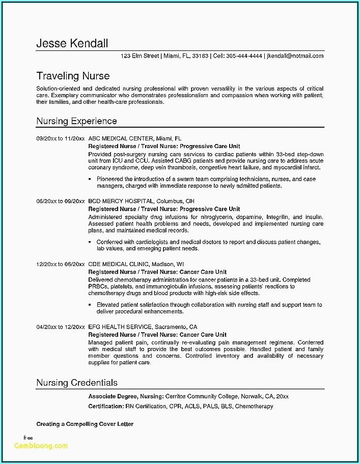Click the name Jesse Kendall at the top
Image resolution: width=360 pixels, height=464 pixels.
click(72, 43)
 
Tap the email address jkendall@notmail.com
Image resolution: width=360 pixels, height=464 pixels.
click(295, 56)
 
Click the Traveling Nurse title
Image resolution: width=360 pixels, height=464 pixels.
click(73, 76)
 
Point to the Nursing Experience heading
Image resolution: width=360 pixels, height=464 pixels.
click(76, 121)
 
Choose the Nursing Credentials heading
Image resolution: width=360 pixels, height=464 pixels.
click(77, 382)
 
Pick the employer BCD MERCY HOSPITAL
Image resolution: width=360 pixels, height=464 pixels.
click(121, 201)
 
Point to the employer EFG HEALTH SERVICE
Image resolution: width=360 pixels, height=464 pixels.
click(120, 327)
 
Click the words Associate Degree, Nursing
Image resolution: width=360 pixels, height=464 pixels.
click(126, 396)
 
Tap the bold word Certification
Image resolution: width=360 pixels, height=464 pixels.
click(106, 406)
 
